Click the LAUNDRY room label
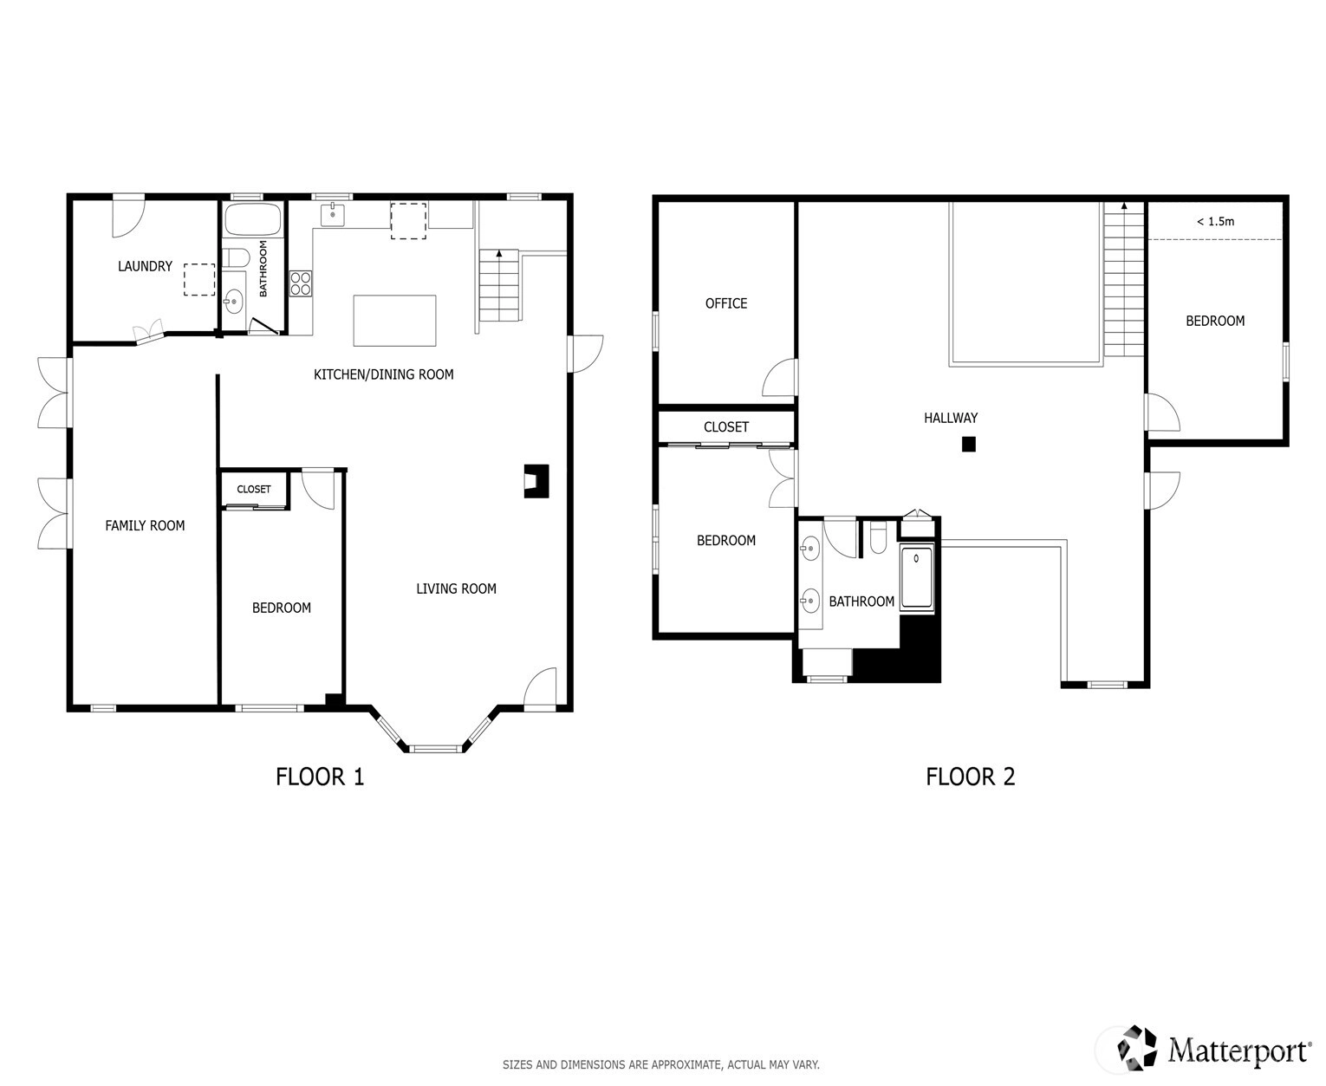146,266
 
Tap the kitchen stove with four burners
301,283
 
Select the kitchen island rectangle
394,321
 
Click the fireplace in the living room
536,481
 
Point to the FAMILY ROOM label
145,526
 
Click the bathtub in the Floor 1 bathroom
252,219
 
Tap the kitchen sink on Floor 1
333,214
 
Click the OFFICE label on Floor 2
726,303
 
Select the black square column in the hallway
969,445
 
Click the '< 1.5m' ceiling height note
1215,221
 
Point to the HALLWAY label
951,418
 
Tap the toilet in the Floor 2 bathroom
878,537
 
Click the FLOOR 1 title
320,777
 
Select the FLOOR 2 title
971,777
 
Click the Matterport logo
1214,1047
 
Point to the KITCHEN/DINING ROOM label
384,374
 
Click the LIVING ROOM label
457,589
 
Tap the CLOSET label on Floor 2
726,427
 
